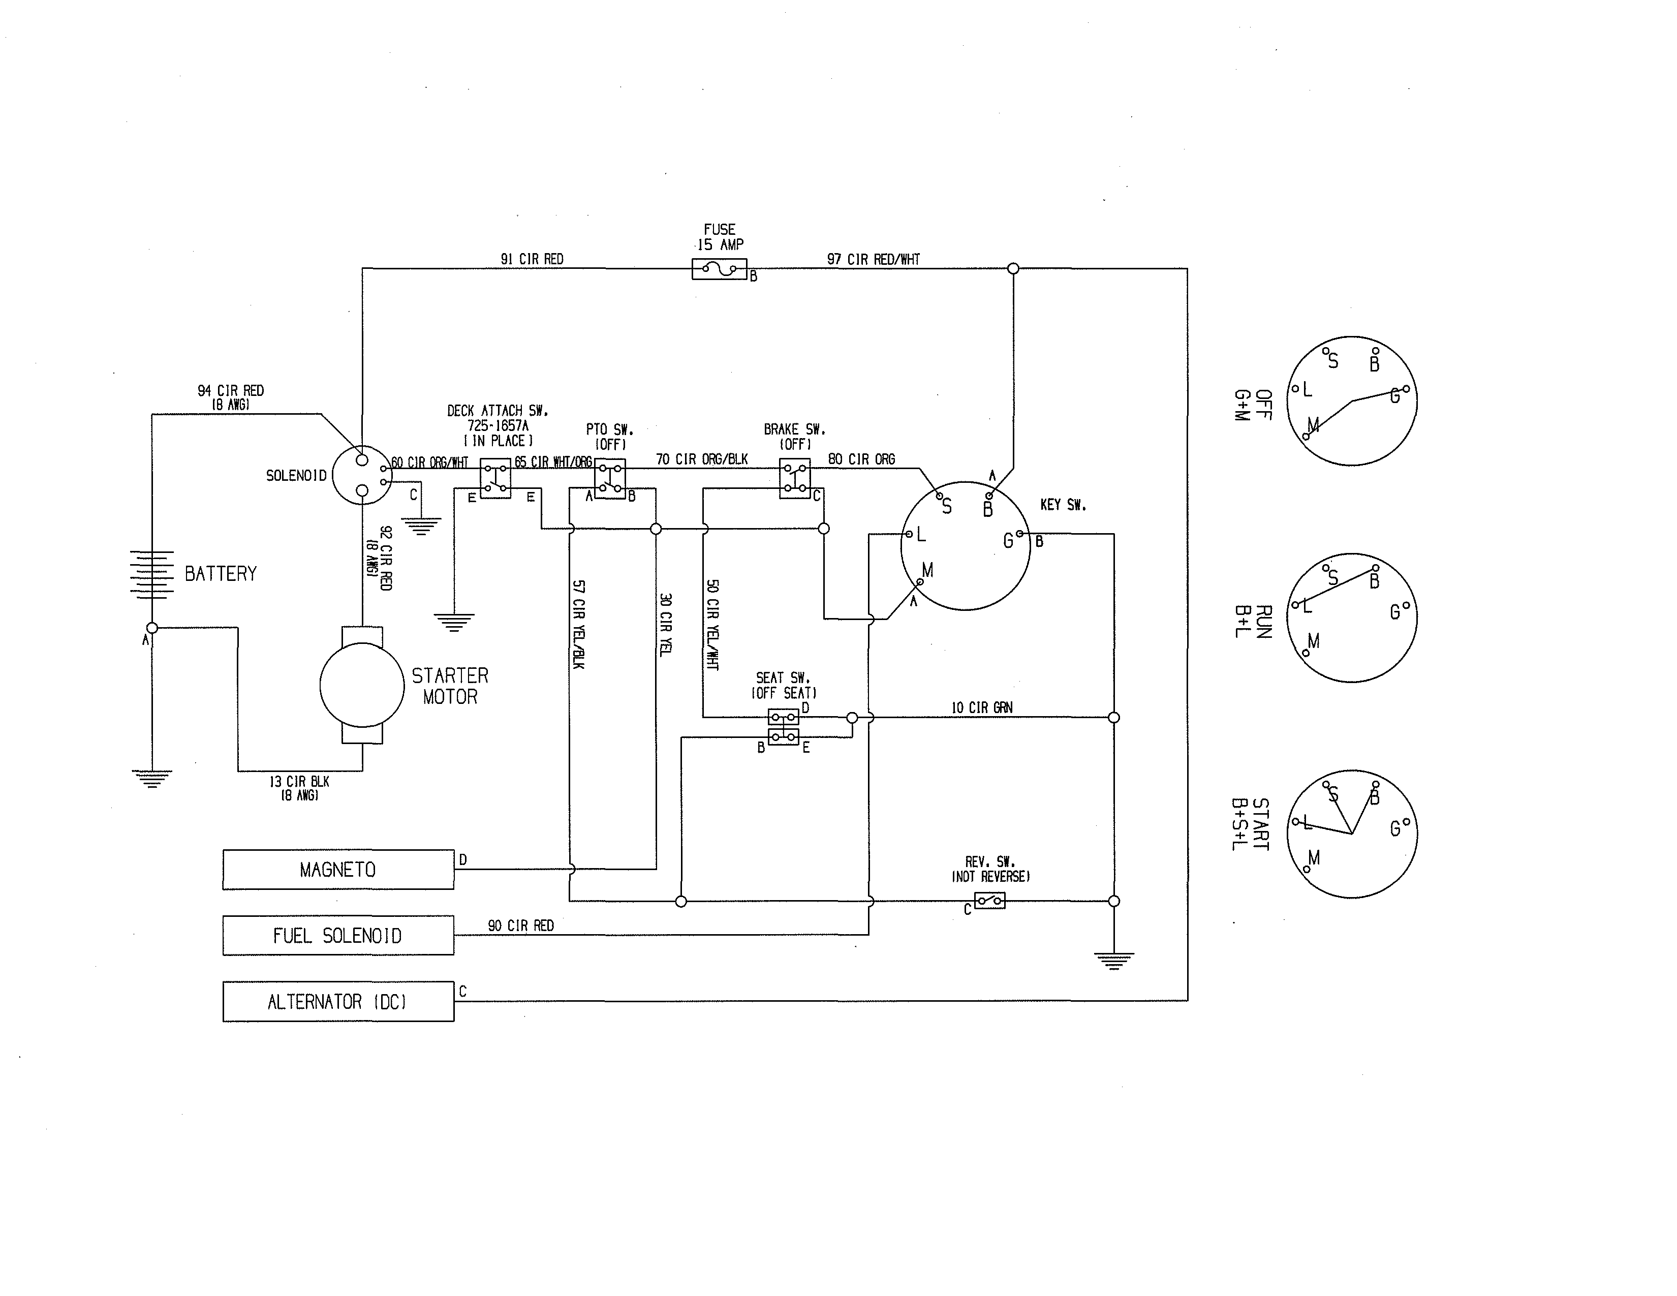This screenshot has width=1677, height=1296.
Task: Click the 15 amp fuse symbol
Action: click(720, 269)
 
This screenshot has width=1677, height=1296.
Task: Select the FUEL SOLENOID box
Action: click(338, 935)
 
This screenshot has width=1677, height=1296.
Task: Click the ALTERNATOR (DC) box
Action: click(338, 1001)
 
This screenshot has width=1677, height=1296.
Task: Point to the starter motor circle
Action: click(362, 685)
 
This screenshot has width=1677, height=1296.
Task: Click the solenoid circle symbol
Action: click(362, 475)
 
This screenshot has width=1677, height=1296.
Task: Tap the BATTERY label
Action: click(221, 573)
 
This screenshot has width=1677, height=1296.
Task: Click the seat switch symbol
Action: click(783, 727)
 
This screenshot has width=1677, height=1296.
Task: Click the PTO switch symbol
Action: click(610, 479)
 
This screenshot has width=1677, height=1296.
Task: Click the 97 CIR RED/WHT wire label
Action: click(873, 260)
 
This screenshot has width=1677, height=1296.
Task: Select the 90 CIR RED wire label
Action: click(520, 926)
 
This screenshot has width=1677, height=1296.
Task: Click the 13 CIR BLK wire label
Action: click(299, 782)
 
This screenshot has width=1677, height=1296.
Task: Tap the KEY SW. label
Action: click(1063, 505)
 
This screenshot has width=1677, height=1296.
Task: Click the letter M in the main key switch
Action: click(927, 570)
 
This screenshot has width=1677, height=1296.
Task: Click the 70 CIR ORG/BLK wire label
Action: click(701, 459)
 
